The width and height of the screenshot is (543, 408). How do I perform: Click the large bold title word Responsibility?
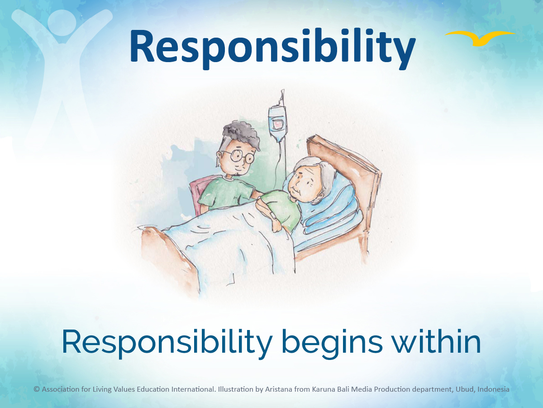pos(272,48)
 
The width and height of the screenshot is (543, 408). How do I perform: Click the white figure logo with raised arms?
pos(62,74)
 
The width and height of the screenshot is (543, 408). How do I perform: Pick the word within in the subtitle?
pos(436,341)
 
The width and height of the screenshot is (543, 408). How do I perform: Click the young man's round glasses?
pos(239,156)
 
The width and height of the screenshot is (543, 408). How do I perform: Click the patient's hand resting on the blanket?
pos(277,226)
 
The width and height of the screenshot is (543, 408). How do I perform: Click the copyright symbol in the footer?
pos(37,389)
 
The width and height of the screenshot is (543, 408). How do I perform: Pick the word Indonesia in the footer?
pos(493,389)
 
